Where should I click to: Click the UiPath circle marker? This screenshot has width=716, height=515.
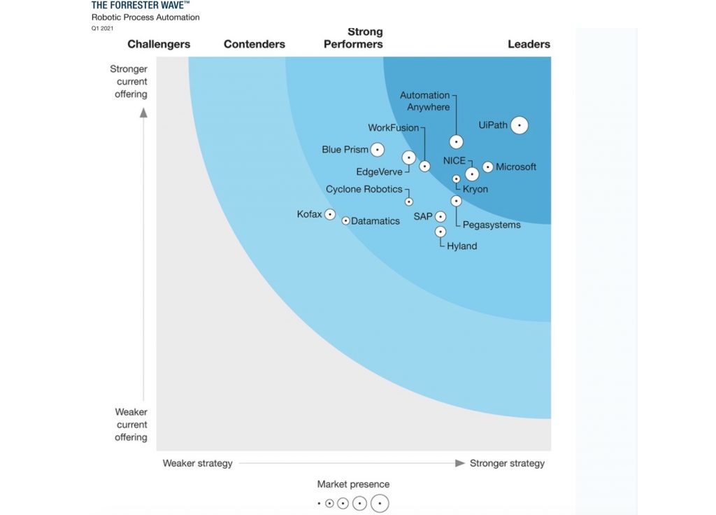tap(520, 125)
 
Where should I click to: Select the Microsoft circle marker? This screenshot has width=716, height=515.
tap(487, 167)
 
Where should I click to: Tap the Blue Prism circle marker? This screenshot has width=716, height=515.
tap(377, 150)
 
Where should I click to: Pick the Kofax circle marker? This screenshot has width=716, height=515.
tap(330, 214)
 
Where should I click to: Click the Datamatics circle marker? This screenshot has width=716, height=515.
tap(345, 220)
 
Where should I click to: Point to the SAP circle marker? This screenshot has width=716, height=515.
tap(441, 217)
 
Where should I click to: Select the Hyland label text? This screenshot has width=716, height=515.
tap(461, 246)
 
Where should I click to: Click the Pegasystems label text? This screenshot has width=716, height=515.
tap(492, 225)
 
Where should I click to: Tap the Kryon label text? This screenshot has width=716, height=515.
tap(475, 189)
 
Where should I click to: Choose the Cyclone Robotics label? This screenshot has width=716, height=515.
tap(364, 189)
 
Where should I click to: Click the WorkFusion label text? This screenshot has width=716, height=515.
tap(393, 127)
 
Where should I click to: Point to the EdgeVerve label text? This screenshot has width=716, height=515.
tap(379, 172)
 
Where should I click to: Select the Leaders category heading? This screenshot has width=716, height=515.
tap(529, 44)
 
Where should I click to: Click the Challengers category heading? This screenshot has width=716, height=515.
tap(159, 44)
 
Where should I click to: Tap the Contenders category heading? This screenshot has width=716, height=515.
tap(255, 44)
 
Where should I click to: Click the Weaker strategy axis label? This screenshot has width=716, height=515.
tap(197, 463)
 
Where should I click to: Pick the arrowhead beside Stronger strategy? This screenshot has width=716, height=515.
tap(460, 463)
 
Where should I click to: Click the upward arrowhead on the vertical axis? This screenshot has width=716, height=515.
tap(143, 113)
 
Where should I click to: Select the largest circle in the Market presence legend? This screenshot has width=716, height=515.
tap(380, 504)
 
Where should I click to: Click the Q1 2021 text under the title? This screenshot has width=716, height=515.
tap(102, 28)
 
